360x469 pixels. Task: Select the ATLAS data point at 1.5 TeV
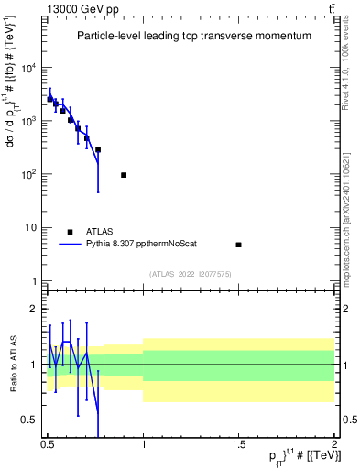pos(238,245)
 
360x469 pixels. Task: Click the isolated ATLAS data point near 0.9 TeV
pos(124,175)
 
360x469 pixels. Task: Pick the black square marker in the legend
pos(70,232)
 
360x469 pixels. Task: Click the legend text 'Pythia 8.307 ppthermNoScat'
pos(141,245)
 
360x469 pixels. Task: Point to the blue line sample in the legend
pos(70,245)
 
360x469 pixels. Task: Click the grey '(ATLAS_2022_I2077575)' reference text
pos(191,273)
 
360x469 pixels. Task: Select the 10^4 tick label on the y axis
pos(29,69)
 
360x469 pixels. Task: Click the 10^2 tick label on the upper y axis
pos(29,174)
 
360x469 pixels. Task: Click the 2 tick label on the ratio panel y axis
pos(35,309)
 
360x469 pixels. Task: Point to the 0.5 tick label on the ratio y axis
pos(30,420)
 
